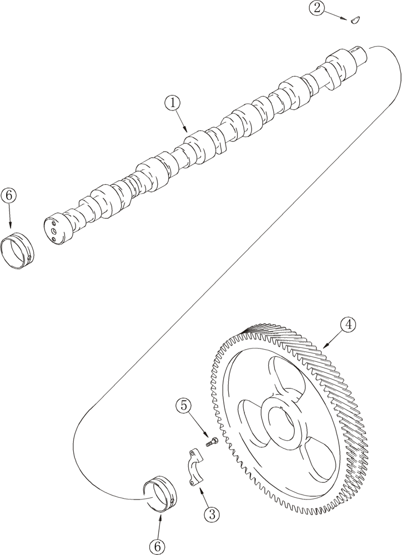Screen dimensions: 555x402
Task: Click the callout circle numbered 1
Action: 173,103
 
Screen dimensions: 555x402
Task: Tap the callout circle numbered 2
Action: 316,8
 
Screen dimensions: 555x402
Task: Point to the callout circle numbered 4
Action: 348,325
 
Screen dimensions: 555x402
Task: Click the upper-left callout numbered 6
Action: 9,196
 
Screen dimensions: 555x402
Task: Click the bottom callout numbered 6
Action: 157,547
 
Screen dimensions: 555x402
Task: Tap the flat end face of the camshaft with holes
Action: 53,229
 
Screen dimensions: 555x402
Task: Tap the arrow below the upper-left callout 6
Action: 9,216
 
